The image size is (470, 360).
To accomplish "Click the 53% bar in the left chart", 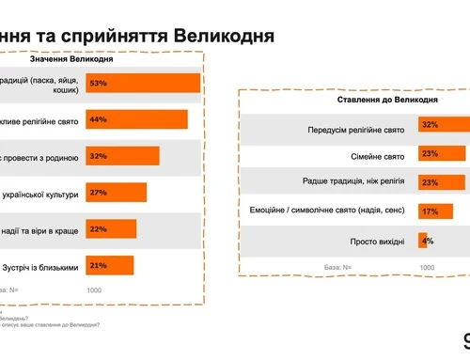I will click(x=143, y=83).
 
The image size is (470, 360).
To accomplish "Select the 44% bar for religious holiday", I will click(x=136, y=119).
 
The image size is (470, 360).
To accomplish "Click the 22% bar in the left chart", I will click(x=111, y=228).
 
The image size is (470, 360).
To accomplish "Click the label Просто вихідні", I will click(x=379, y=242).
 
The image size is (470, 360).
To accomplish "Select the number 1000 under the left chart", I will click(x=94, y=290).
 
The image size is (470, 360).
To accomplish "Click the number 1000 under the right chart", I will click(x=427, y=267).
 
